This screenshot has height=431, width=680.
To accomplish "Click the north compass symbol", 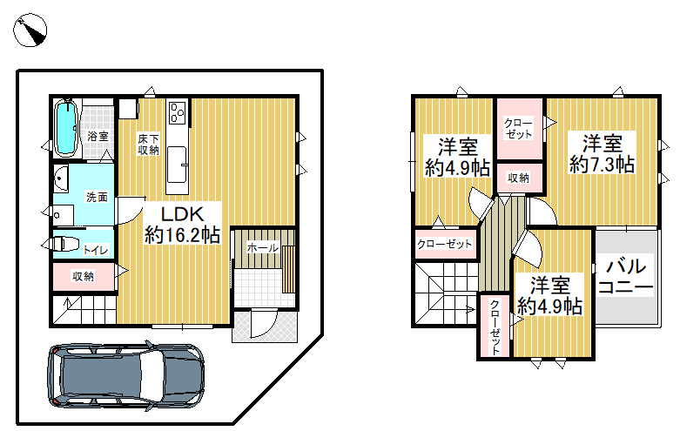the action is point(30,30).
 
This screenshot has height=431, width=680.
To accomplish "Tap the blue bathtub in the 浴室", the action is point(66,127).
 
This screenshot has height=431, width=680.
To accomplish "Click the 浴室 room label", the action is point(98,136).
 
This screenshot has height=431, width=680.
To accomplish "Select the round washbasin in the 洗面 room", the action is point(61,178).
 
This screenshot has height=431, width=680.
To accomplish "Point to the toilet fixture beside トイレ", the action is point(64,243).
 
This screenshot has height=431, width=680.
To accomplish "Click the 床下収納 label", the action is point(148,145).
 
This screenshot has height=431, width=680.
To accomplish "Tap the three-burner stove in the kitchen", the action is point(177,112).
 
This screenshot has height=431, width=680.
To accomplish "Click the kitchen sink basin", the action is point(177,165).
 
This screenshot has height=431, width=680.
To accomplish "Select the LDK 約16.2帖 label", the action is point(182,225).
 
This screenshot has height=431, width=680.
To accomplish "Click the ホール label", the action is point(263,248).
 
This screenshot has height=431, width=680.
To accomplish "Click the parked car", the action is point(125,376).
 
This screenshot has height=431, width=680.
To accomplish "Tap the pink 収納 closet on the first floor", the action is point(84,276).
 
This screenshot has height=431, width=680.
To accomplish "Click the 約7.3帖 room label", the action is point(602,165).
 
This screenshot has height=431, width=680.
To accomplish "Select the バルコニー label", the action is point(626,277).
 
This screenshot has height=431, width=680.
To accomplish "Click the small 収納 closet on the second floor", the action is point(519,178).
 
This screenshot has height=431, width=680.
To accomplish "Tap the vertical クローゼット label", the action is point(495,327).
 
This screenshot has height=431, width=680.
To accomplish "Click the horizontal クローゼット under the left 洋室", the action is point(445,244).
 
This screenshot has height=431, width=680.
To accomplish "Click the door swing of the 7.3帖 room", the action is point(542,212).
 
